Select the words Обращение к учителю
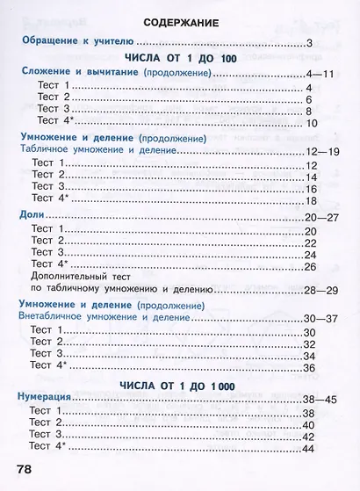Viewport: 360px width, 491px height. pyautogui.click(x=76, y=41)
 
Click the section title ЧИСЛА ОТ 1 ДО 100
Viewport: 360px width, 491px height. pyautogui.click(x=179, y=57)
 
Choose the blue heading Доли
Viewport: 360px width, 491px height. pyautogui.click(x=32, y=215)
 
